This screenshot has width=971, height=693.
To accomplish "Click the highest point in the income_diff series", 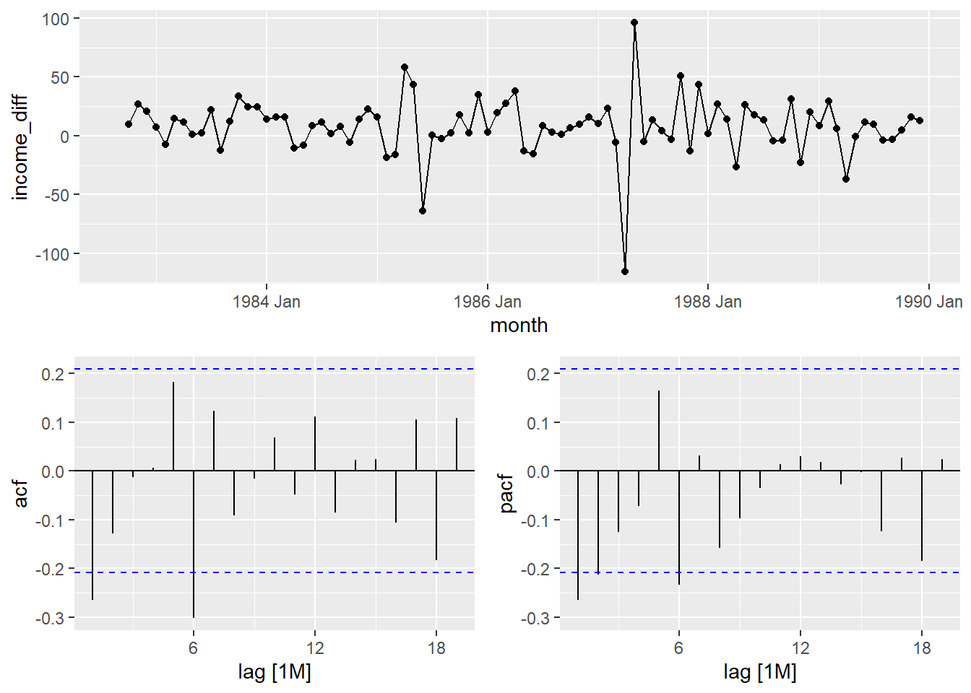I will (634, 22).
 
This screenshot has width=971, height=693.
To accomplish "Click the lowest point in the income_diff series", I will (625, 271).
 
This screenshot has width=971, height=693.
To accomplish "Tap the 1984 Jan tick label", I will (266, 302).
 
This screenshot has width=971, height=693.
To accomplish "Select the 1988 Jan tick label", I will (707, 302).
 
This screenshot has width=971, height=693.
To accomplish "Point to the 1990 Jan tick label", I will (928, 302).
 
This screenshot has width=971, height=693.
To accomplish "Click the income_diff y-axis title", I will (20, 147).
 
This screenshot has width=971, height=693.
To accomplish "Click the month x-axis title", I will (519, 326).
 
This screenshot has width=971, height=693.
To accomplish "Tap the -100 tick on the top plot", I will (55, 254).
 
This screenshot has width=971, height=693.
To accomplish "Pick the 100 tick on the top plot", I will (56, 19).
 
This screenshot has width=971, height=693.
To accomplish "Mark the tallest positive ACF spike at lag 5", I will (173, 426).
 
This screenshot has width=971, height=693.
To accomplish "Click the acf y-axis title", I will (22, 493).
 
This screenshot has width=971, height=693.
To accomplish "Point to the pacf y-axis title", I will (507, 493).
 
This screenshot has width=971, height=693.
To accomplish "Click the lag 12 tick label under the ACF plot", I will (314, 648).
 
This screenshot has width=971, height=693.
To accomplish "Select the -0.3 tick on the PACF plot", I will (535, 619).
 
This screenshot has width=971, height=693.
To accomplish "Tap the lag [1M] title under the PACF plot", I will (760, 673).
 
